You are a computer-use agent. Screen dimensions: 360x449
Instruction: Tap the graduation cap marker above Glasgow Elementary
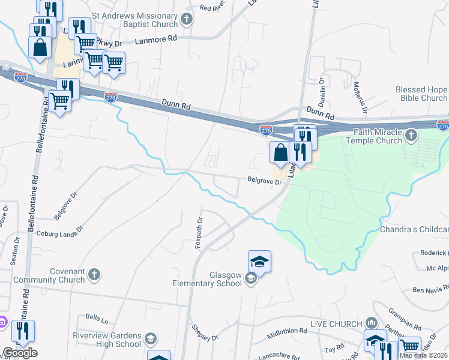259,262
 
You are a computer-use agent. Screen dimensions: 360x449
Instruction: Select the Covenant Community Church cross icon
94,275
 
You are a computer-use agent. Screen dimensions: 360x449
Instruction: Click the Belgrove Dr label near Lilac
265,180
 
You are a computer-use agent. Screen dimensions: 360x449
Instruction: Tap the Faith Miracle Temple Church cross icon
411,136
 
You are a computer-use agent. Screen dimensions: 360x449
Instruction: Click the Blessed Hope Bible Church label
421,94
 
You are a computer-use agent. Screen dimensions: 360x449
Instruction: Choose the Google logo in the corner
20,353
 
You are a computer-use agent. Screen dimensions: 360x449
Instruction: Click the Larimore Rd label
158,38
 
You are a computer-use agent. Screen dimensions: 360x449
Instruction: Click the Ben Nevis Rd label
430,290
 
